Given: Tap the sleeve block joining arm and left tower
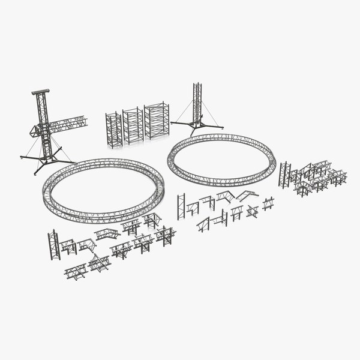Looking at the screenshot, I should (42, 129).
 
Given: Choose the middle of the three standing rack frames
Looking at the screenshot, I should (133, 125).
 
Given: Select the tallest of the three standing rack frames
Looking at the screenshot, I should (157, 121).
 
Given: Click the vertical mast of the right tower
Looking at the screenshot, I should (196, 105).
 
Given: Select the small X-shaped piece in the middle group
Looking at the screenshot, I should (268, 203).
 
